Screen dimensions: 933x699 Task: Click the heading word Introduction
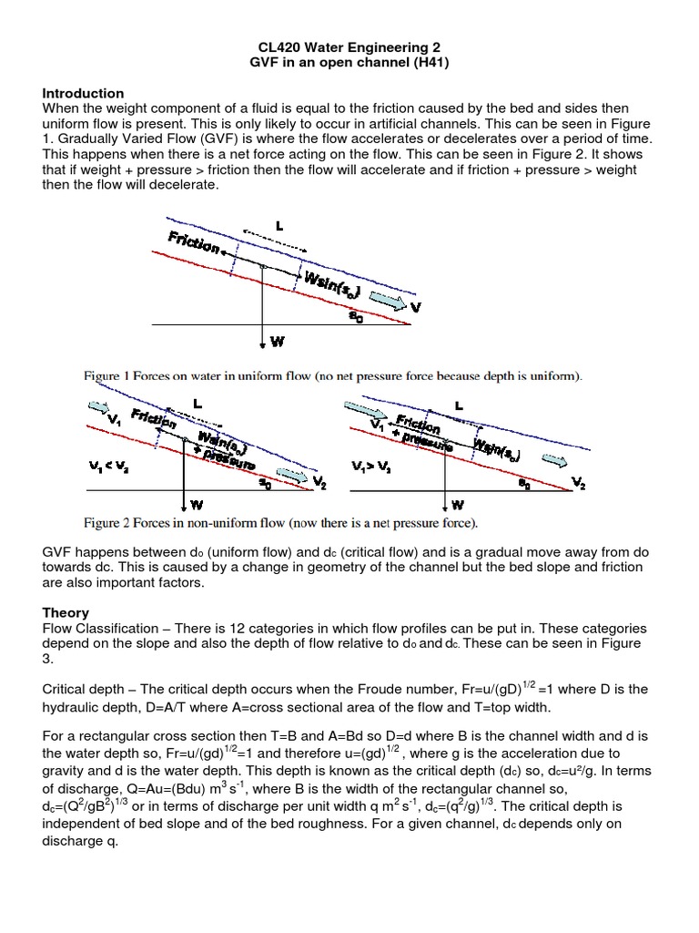coord(84,94)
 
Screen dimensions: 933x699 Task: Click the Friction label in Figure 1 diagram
coord(194,242)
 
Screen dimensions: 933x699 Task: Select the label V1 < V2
coord(108,466)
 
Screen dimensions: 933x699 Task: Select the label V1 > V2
coord(370,466)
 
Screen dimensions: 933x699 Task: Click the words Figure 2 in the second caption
coord(114,524)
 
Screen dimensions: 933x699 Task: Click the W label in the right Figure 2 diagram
coord(458,503)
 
